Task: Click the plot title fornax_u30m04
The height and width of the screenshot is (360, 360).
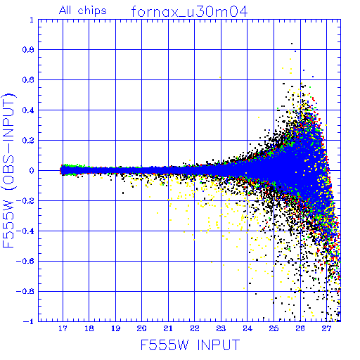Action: point(189,12)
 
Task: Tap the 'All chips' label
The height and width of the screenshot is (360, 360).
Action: point(83,11)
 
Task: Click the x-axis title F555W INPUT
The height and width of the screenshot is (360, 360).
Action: point(191,345)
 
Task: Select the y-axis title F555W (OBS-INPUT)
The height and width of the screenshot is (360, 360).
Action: point(8,170)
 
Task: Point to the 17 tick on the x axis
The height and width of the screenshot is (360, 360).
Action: point(63,328)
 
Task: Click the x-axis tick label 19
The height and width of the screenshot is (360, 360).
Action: point(115,328)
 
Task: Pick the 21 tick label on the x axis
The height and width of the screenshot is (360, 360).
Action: point(168,328)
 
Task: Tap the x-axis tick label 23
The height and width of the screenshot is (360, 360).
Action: point(221,328)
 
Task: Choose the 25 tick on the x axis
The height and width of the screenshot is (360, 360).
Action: point(274,328)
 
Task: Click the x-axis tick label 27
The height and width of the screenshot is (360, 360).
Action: point(326,328)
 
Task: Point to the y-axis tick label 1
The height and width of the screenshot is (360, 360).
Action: point(32,20)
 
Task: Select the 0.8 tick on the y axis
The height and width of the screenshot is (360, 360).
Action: point(28,50)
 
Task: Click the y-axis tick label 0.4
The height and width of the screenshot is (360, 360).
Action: point(28,110)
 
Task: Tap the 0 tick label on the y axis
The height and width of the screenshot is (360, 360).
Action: point(32,171)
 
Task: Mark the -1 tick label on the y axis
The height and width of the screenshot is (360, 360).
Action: point(29,321)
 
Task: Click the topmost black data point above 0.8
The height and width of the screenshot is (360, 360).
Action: point(292,44)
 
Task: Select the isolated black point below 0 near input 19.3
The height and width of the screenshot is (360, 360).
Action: point(123,193)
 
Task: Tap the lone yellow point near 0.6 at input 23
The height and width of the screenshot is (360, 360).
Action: point(220,77)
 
